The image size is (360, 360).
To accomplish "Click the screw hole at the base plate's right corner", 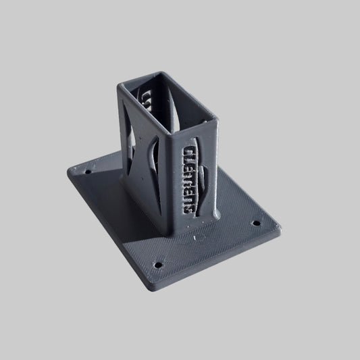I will click(255, 222).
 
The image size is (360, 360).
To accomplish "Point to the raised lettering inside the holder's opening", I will click(145, 101).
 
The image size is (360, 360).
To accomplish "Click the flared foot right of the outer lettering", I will click(215, 215).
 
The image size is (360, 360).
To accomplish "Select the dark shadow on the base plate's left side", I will click(101, 172).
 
